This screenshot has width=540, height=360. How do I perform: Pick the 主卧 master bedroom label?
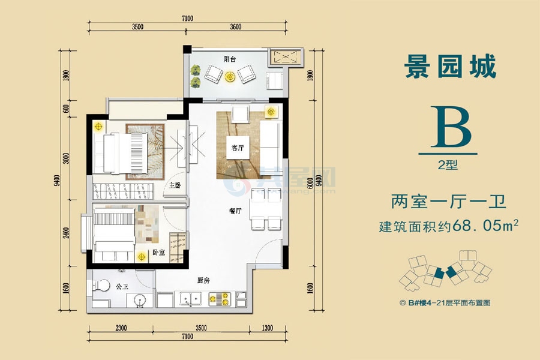tap(175, 186)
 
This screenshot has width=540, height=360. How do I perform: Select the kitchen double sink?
tap(190, 298)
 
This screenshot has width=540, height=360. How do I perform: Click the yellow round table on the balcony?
tap(230, 76)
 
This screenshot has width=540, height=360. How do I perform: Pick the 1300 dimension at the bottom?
tap(267, 327)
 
